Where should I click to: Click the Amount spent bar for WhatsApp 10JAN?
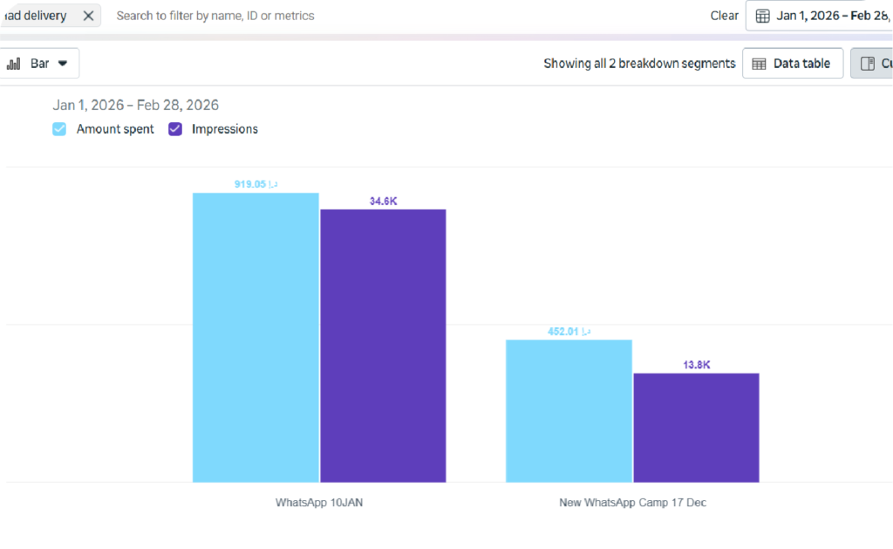coord(256,337)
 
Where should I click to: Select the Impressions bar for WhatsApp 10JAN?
coord(383,346)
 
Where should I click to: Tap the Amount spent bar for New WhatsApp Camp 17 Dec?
coord(569,410)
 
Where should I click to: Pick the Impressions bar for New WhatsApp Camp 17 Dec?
coord(696,428)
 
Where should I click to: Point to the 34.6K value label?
coord(384,201)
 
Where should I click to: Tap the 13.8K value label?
coord(697,365)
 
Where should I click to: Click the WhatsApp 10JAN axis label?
coord(319,503)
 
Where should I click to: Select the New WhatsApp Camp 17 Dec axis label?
coord(632,503)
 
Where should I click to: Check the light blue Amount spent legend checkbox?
coord(59,129)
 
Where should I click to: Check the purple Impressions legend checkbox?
coord(175,129)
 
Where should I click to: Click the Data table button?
coord(792,64)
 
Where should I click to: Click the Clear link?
coord(724,16)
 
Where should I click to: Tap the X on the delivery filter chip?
coord(88,16)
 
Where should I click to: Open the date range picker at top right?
coord(820,16)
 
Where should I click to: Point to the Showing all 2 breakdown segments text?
coord(639,64)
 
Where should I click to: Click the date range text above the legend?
coord(135,105)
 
